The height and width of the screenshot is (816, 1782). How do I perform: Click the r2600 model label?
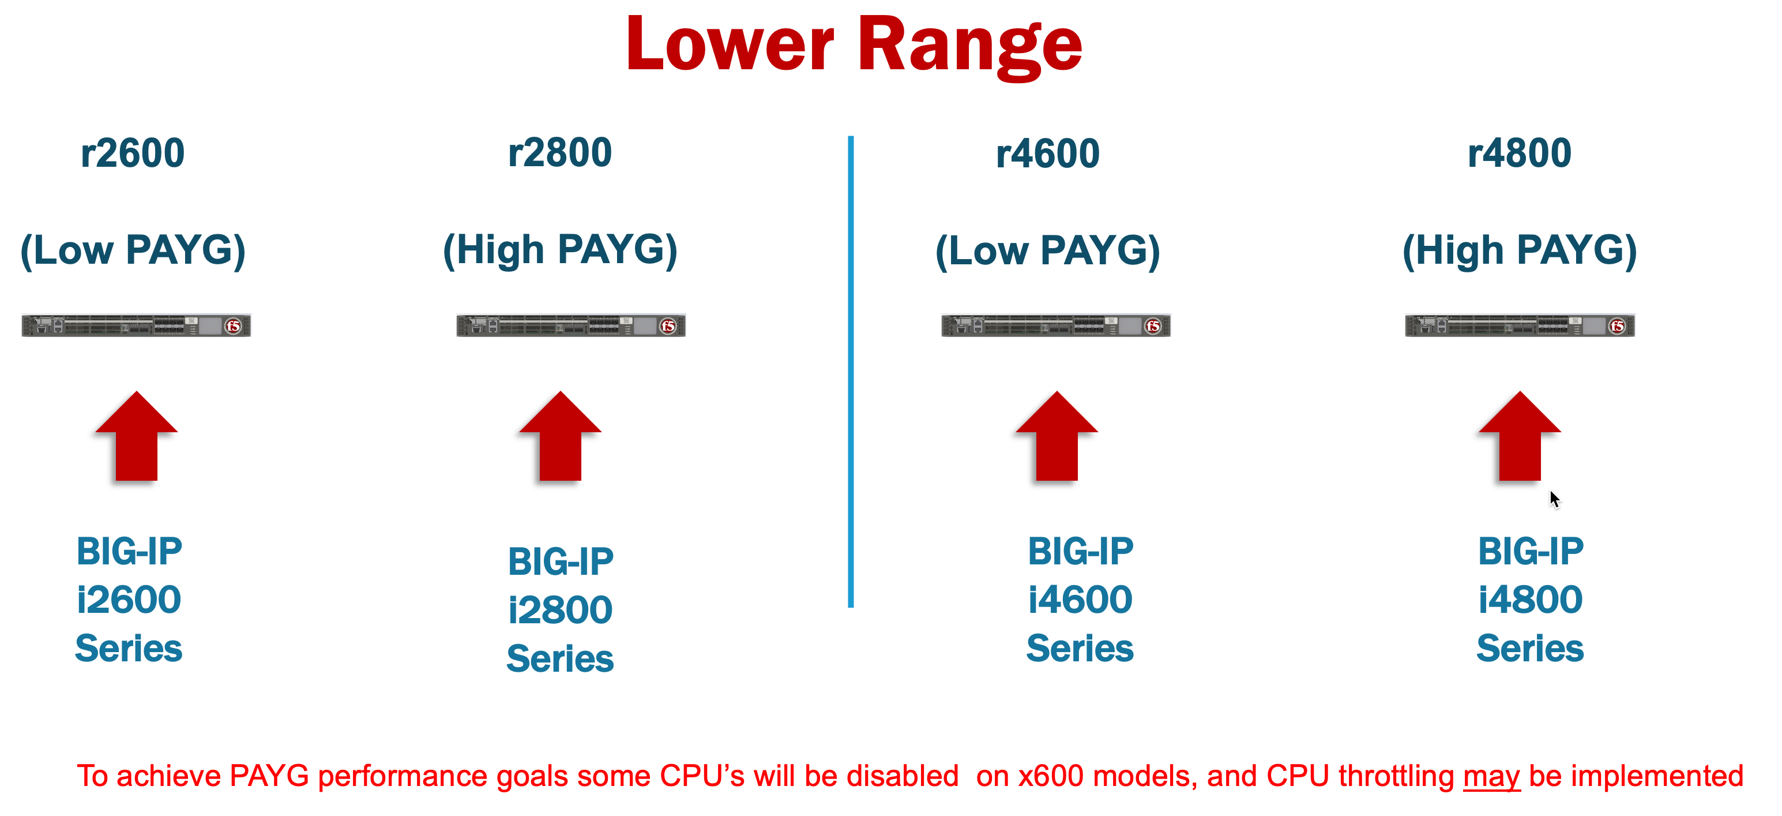(132, 153)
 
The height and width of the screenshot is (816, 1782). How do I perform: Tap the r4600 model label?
(1047, 154)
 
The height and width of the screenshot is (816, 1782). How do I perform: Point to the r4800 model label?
(1519, 153)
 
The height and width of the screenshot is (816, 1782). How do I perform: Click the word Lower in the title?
(730, 44)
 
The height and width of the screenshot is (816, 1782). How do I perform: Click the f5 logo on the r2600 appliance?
(234, 325)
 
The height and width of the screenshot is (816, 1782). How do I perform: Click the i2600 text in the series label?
(129, 600)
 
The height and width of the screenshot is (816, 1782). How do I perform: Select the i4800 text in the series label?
(1530, 600)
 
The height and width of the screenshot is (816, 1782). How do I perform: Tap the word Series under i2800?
(561, 658)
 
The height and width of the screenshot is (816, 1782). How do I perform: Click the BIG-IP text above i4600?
(1081, 552)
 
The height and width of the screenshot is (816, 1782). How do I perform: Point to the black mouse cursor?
(1554, 499)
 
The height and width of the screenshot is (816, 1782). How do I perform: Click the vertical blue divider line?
(850, 372)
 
